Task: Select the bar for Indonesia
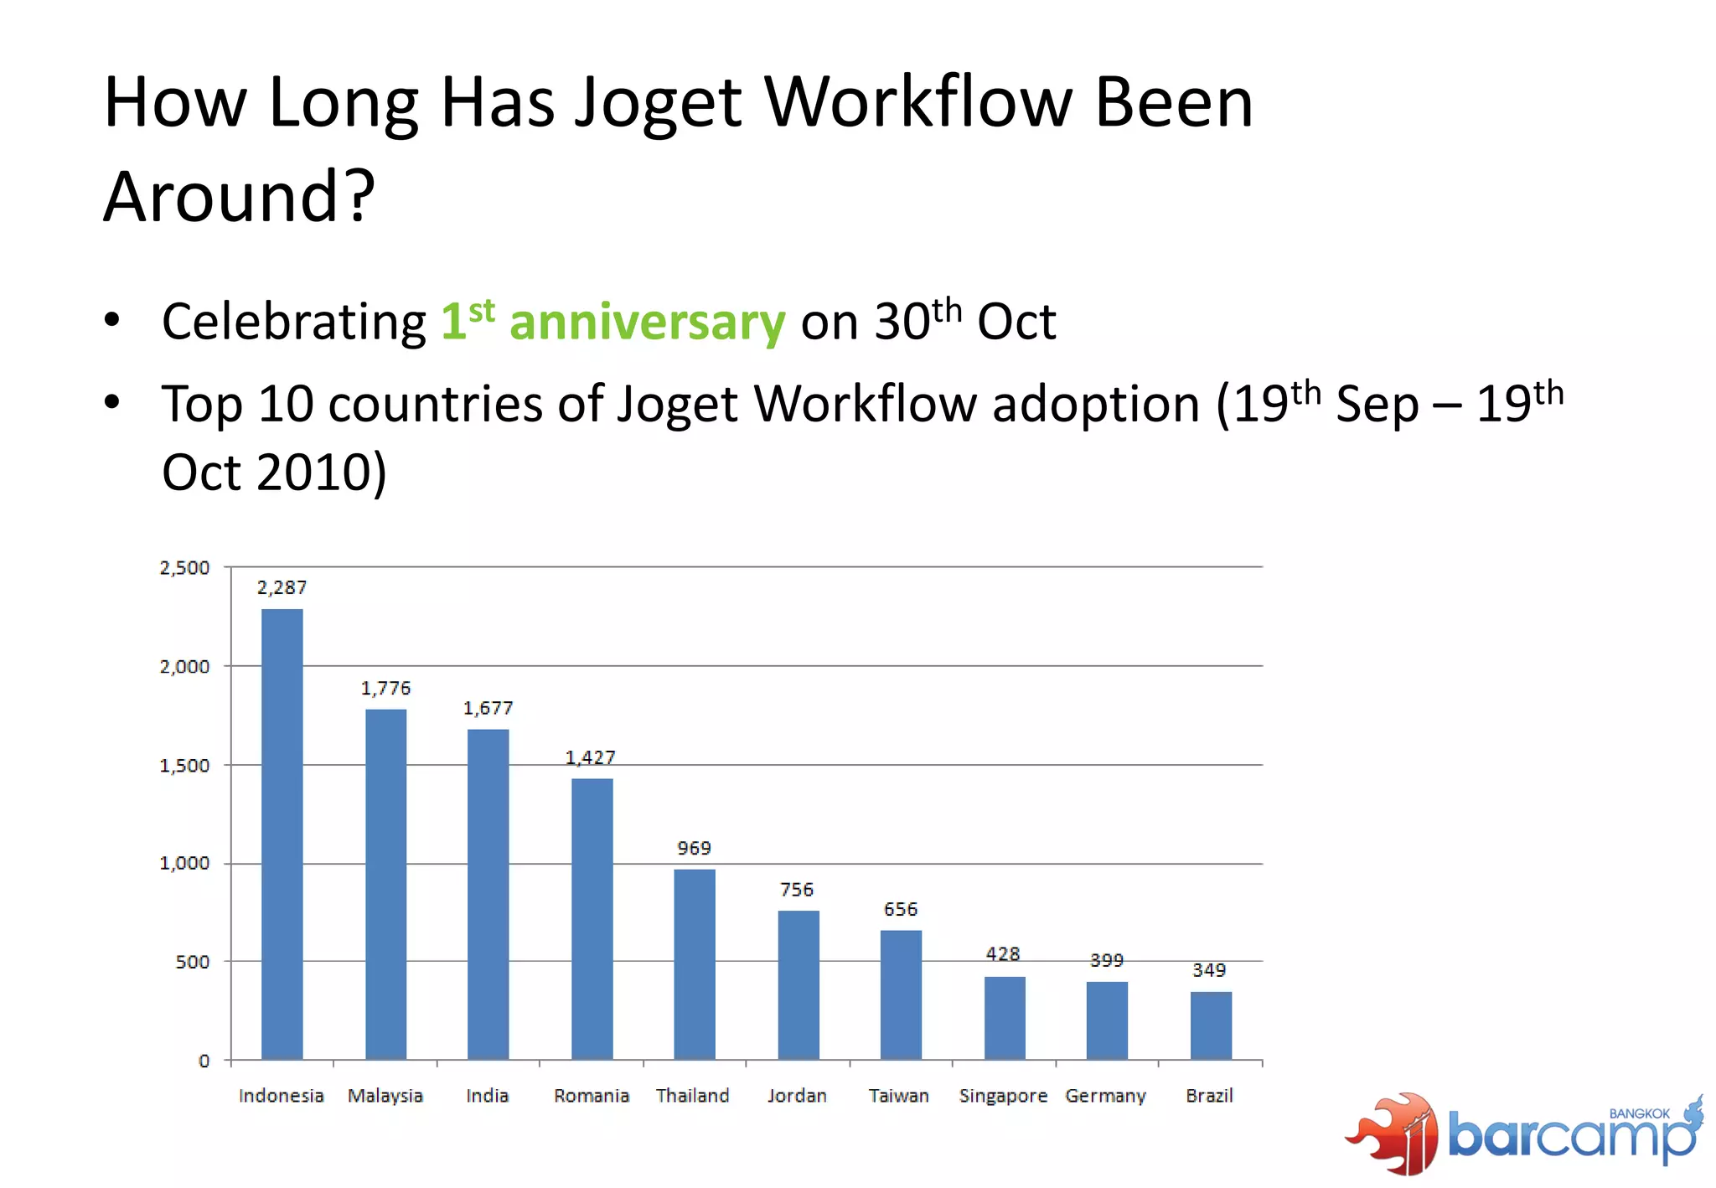coord(282,834)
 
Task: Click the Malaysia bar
coord(385,884)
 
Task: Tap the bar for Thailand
coord(694,963)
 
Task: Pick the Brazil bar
coord(1211,1025)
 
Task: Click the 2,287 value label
coord(282,587)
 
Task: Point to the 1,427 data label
coord(590,757)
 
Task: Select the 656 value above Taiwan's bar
coord(901,909)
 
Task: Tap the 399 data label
coord(1106,960)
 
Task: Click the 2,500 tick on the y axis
coord(184,568)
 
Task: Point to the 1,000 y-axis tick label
coord(184,863)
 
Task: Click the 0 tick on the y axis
coord(204,1061)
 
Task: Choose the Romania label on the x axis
coord(591,1096)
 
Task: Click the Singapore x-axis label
coord(1003,1096)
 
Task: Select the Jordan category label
coord(797,1096)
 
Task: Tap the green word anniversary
coord(647,323)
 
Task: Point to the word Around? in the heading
coord(240,197)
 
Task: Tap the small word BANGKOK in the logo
coord(1639,1113)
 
